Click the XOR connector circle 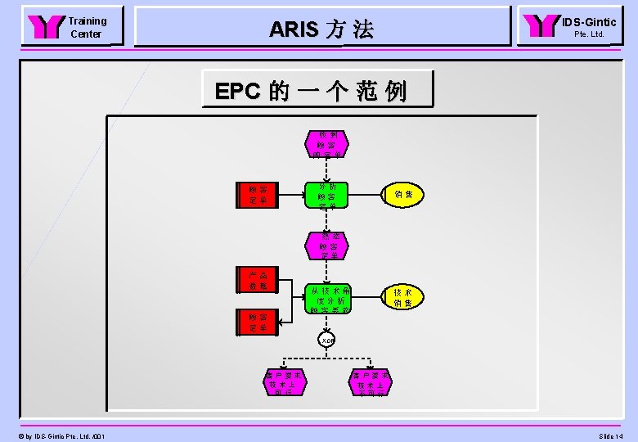click(x=327, y=340)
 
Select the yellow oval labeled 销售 click(x=403, y=195)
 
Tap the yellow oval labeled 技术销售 click(x=402, y=298)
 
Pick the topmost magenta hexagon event click(x=327, y=143)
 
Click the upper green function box click(x=327, y=195)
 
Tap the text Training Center click(x=87, y=27)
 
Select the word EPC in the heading click(x=236, y=91)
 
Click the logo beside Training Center click(x=46, y=27)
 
